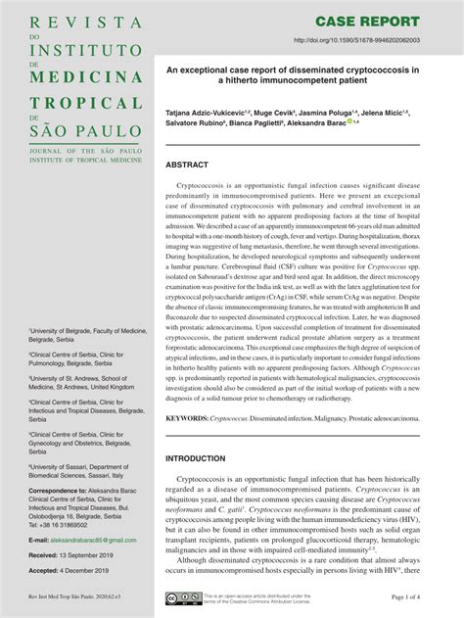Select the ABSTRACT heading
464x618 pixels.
[x=189, y=166]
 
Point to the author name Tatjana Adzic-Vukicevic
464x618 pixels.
[x=209, y=114]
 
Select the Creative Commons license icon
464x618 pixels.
[x=182, y=596]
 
